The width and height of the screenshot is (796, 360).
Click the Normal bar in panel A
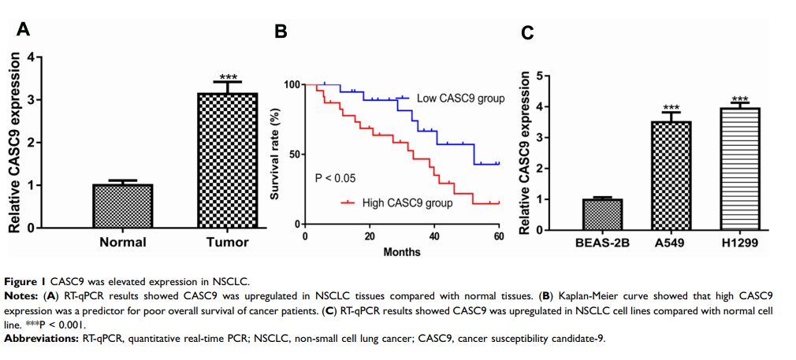(x=122, y=206)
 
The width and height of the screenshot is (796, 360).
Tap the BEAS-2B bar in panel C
(x=602, y=214)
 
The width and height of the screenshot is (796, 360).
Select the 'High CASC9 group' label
(x=407, y=203)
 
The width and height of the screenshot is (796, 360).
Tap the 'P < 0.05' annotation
(x=335, y=178)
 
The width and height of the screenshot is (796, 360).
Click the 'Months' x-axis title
(x=401, y=252)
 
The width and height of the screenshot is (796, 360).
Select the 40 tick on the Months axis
(x=434, y=237)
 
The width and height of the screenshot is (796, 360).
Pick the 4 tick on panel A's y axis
(x=29, y=58)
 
